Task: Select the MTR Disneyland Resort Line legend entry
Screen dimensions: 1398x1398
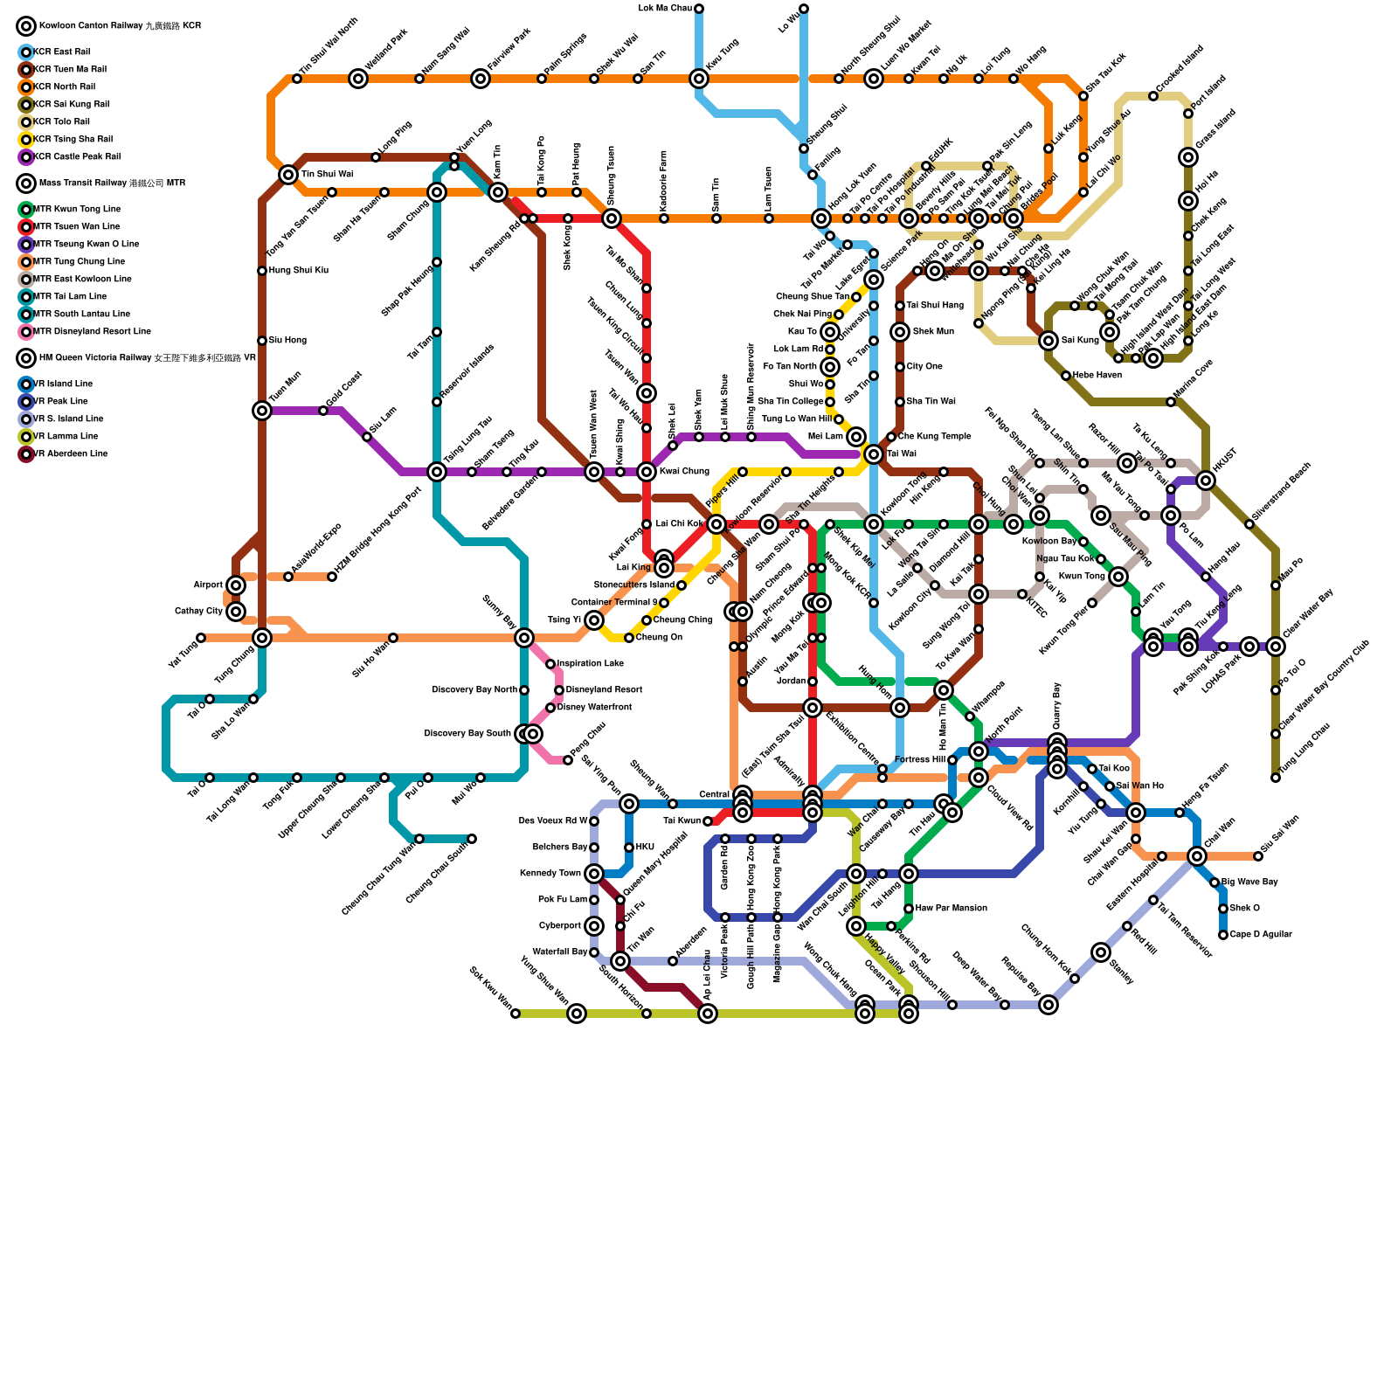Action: click(91, 332)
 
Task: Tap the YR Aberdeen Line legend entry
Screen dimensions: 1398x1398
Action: click(70, 454)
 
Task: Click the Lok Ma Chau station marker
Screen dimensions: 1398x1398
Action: click(699, 9)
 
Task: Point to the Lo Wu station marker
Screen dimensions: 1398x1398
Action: click(804, 9)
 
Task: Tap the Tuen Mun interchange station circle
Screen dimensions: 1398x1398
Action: click(262, 411)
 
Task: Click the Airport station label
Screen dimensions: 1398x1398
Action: click(208, 585)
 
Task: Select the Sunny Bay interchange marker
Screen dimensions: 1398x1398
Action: click(524, 638)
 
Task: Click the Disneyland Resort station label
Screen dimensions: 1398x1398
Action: click(604, 690)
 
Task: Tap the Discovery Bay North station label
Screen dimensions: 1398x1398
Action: click(474, 690)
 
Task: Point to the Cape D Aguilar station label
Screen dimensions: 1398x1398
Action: click(1260, 935)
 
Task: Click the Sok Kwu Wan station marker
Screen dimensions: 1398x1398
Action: click(516, 1014)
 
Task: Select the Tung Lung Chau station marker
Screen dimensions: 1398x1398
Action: click(1276, 778)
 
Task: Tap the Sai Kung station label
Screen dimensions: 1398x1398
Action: click(1080, 341)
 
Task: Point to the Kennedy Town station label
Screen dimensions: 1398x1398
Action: click(550, 874)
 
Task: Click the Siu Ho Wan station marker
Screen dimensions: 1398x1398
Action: click(393, 638)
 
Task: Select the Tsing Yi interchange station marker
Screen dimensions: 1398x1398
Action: click(594, 620)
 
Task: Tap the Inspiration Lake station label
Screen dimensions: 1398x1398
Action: click(590, 664)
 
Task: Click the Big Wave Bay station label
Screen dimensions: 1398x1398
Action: click(1249, 882)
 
